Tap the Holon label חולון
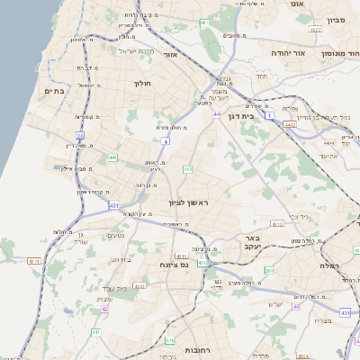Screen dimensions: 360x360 point(145,85)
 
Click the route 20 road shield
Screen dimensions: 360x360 point(80,136)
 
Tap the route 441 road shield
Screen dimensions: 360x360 point(112,157)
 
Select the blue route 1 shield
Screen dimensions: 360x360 point(243,116)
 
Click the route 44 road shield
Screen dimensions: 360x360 point(217,114)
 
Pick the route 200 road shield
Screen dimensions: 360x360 point(269,270)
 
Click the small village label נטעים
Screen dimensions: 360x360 point(116,237)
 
